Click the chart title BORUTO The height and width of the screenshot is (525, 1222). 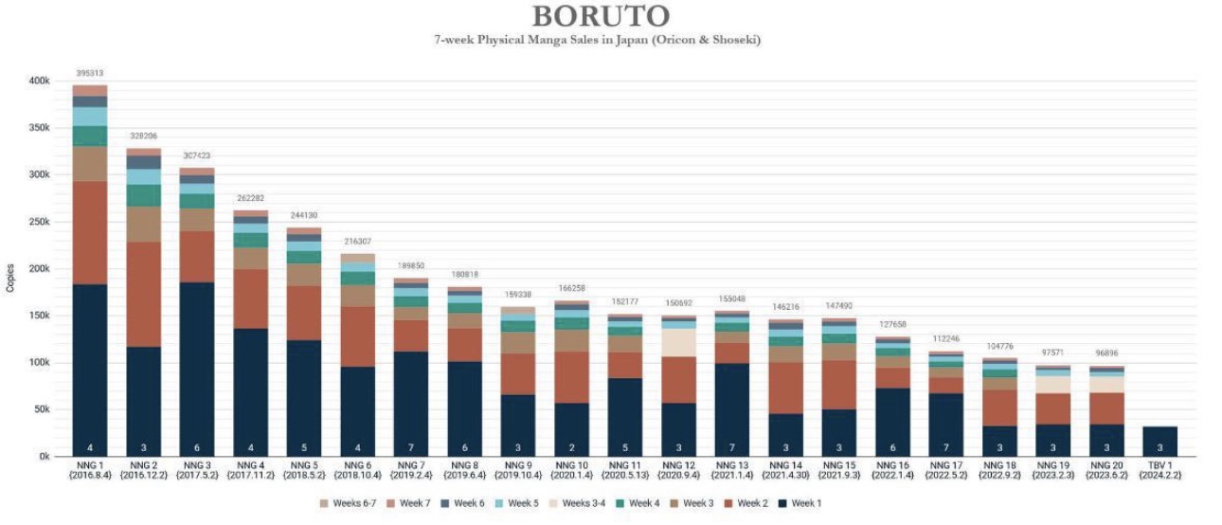coord(601,16)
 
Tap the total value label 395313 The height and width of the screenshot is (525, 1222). coord(90,73)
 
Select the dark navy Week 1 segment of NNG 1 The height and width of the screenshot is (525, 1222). coord(90,370)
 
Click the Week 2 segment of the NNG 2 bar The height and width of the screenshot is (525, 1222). coord(143,294)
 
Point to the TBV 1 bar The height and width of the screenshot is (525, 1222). coord(1159,442)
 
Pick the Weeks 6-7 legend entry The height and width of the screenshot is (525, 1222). coord(352,503)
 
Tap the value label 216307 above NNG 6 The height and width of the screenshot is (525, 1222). coord(357,242)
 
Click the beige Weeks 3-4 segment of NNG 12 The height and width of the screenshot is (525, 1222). coord(678,342)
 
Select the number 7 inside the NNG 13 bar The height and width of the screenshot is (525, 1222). coord(732,447)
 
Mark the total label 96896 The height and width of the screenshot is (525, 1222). coord(1105,353)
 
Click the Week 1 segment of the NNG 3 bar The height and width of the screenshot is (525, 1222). coord(197,370)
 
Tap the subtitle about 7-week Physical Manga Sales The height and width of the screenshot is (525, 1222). coord(601,40)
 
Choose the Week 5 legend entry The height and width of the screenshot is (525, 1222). coord(520,503)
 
